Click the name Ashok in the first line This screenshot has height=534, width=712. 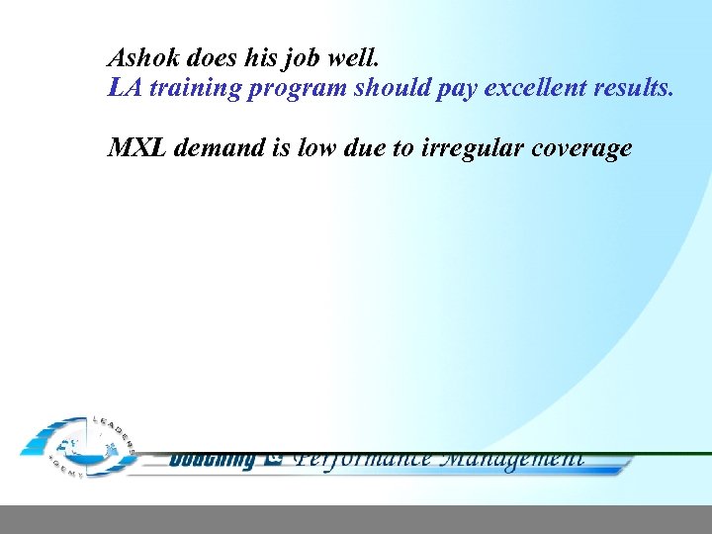tap(139, 56)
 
